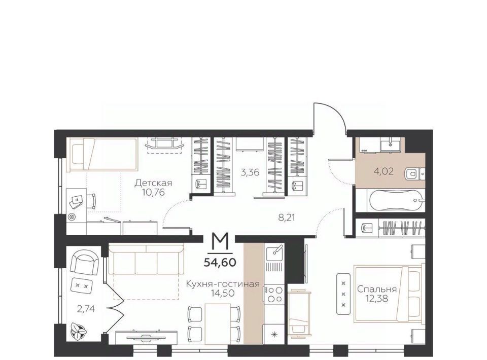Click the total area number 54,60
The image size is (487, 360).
(x=220, y=263)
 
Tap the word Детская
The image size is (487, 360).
(x=153, y=183)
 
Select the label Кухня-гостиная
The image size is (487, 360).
(x=222, y=284)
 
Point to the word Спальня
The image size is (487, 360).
(x=377, y=289)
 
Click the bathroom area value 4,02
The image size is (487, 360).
(x=384, y=171)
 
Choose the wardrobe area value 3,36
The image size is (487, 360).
(x=250, y=172)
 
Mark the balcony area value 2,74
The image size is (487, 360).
(x=85, y=309)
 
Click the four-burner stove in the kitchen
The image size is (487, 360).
(x=273, y=295)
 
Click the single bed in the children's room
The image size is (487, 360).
(x=103, y=155)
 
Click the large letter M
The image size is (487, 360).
(x=220, y=242)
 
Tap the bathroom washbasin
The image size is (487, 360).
(x=391, y=145)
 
